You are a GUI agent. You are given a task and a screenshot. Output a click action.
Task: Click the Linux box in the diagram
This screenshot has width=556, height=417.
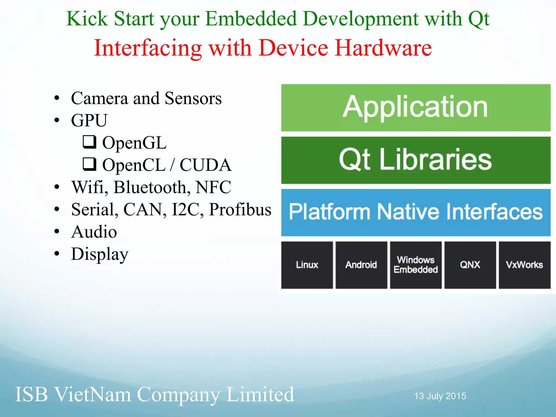307,265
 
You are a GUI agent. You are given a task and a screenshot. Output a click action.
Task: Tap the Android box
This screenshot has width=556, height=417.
361,265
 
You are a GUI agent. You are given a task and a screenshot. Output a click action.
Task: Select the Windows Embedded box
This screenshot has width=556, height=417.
416,265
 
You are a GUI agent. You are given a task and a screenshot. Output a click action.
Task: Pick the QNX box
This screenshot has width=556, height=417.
470,265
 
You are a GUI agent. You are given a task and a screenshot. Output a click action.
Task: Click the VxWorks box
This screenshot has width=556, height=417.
525,265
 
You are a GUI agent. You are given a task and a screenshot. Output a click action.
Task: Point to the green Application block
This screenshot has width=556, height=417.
416,108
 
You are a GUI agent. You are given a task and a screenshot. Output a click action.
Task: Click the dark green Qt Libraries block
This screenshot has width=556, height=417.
416,160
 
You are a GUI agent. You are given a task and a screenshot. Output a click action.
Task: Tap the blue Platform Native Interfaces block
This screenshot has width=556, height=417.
416,212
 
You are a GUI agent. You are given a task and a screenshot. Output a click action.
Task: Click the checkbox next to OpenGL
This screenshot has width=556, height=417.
89,142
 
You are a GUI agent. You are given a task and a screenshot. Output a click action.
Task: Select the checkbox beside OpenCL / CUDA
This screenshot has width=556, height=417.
89,164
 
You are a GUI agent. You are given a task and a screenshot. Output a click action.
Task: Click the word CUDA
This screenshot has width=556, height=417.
206,165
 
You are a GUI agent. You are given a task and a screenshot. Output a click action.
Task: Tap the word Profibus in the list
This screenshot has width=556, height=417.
240,210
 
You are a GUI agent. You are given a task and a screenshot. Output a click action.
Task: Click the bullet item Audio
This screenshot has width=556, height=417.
94,232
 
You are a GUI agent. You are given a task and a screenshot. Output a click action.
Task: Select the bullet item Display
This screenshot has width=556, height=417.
99,254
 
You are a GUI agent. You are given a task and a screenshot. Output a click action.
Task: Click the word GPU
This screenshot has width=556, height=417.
89,121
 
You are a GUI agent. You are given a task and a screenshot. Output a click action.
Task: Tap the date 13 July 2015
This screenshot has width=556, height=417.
440,396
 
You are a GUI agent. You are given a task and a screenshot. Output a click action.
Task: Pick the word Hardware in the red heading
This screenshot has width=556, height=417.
383,48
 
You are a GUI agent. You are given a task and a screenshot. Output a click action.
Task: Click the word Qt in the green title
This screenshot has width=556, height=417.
479,19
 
